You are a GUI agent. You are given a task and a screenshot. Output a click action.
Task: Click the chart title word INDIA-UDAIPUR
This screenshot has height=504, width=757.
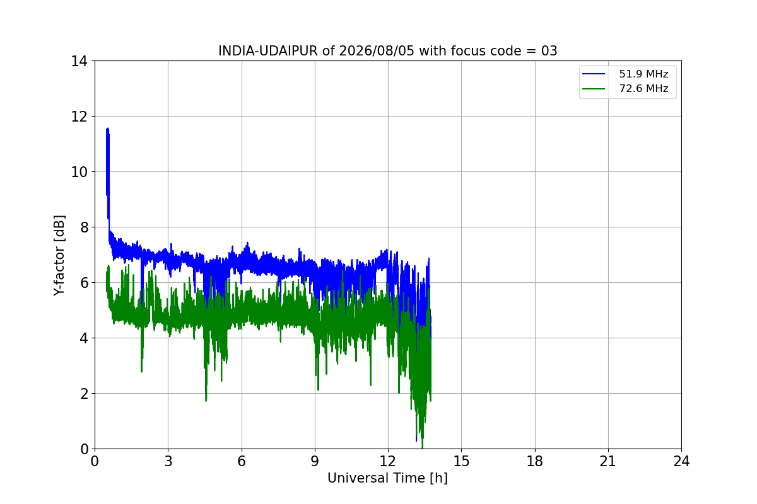tap(268, 51)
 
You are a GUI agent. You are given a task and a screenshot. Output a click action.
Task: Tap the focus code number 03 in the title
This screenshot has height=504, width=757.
tap(549, 51)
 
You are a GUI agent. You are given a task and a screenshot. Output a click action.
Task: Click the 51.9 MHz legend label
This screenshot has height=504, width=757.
tap(643, 74)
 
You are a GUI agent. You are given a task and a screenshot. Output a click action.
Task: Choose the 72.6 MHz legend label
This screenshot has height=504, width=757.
tap(643, 88)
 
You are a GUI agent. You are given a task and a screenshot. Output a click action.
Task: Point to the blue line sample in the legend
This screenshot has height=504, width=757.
tap(594, 74)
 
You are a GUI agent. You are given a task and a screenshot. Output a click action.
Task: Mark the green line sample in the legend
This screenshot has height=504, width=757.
tap(594, 89)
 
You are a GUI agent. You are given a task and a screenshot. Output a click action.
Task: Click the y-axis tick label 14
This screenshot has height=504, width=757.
tap(79, 62)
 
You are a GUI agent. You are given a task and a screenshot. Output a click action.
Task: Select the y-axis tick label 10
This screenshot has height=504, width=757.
tap(79, 172)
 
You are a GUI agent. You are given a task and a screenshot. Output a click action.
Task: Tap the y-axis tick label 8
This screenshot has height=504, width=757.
tap(84, 227)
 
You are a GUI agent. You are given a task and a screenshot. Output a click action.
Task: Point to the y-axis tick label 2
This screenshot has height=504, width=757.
tap(84, 394)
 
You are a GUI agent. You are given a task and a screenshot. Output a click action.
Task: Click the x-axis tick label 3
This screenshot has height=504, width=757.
tap(168, 461)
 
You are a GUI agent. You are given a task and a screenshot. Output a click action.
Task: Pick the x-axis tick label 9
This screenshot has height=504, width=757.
tap(315, 461)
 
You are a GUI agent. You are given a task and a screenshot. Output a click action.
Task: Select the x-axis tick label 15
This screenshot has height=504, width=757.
tap(462, 461)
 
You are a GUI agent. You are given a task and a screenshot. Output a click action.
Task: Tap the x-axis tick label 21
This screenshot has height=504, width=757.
tap(608, 461)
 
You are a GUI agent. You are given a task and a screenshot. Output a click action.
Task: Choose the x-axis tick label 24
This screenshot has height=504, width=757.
tap(681, 461)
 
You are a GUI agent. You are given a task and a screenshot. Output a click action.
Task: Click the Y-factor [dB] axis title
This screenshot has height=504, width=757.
tap(59, 256)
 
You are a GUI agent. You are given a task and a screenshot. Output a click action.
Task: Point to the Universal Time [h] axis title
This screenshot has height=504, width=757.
tap(387, 478)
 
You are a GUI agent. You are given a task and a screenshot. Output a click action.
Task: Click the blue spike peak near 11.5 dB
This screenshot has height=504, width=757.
tap(107, 129)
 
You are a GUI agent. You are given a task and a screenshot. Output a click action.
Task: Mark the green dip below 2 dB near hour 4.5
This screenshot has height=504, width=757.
tap(206, 400)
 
